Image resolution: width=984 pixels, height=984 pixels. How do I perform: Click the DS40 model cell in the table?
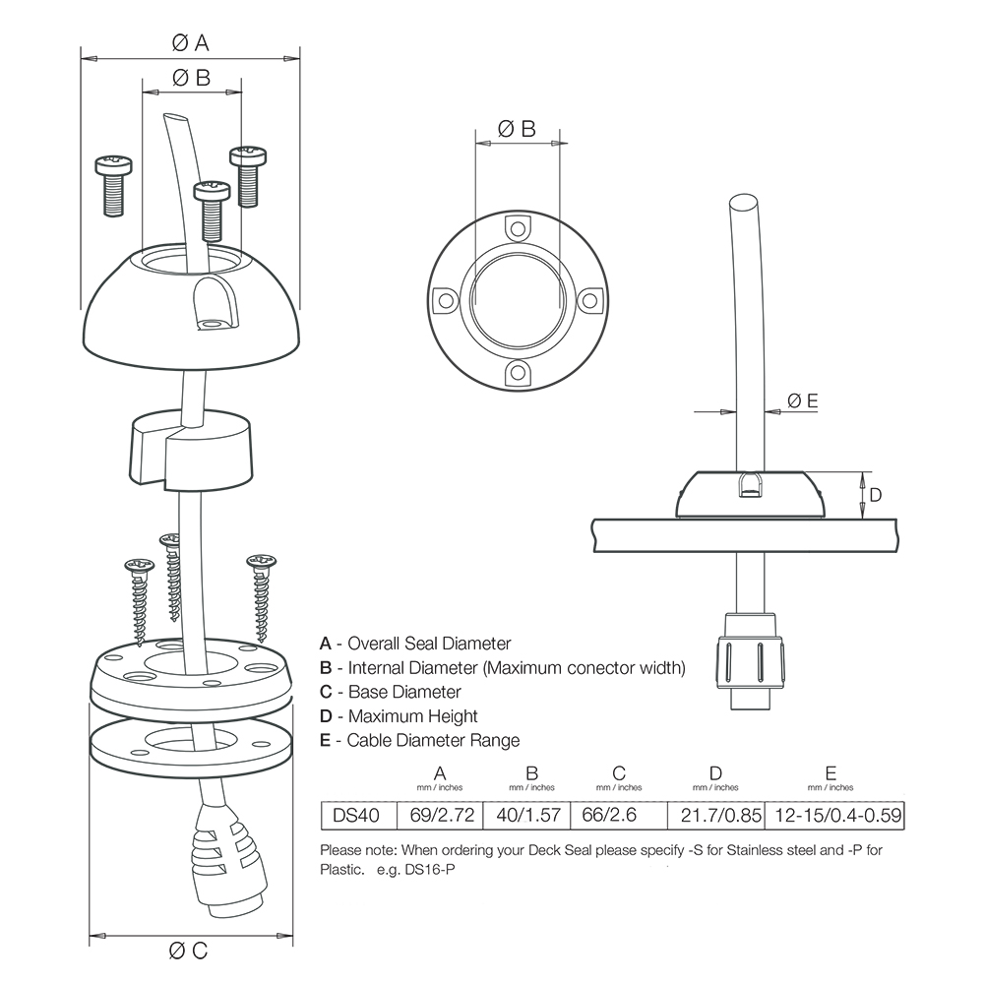pyautogui.click(x=359, y=815)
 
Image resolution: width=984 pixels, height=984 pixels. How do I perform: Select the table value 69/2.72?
pyautogui.click(x=440, y=815)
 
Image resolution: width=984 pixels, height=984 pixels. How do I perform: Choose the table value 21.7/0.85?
pyautogui.click(x=715, y=815)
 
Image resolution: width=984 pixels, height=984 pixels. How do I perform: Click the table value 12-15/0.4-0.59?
pyautogui.click(x=831, y=815)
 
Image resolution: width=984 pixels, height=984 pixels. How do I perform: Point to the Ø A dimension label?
pyautogui.click(x=190, y=42)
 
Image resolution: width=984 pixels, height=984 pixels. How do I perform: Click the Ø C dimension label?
pyautogui.click(x=189, y=951)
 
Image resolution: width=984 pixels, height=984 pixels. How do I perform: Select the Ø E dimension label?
pyautogui.click(x=802, y=400)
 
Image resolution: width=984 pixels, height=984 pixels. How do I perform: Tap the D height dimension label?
pyautogui.click(x=876, y=494)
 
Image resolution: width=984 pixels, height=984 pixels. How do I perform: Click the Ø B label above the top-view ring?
pyautogui.click(x=517, y=128)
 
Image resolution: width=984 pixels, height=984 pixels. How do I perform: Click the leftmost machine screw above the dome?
pyautogui.click(x=112, y=182)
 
